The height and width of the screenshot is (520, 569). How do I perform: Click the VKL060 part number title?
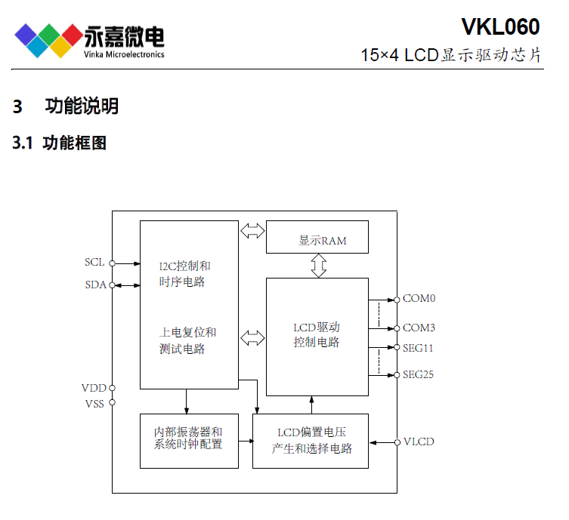tap(500, 27)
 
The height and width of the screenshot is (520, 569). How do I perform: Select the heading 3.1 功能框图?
tap(60, 143)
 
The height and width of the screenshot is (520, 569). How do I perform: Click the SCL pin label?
tap(94, 263)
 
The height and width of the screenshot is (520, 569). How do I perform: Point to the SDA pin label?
tap(95, 285)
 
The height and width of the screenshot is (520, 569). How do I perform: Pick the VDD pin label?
tap(94, 388)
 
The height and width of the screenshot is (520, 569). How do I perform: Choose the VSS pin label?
tap(94, 403)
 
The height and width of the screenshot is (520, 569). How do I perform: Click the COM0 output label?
tap(419, 299)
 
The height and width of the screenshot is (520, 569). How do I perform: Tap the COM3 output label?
tap(419, 328)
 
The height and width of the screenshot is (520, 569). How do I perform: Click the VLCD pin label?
tap(419, 442)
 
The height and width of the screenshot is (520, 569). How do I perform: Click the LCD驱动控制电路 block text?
tap(317, 335)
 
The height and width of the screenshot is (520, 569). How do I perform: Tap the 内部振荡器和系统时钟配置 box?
tap(188, 438)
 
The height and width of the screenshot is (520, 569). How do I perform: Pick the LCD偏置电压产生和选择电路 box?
tap(311, 441)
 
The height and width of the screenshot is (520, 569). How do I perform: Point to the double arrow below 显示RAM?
tap(318, 266)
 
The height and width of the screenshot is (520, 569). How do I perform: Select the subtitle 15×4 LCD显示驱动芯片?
tap(451, 56)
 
